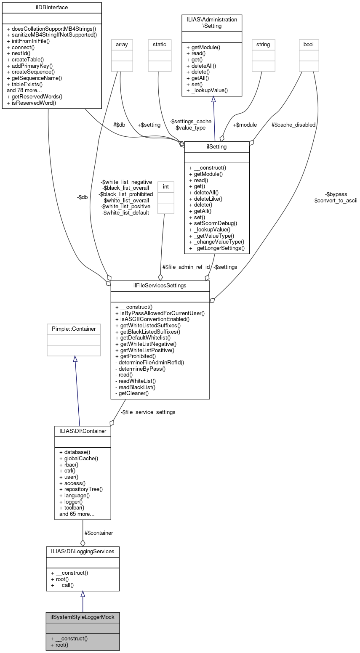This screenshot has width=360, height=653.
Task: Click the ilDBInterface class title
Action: [x=52, y=7]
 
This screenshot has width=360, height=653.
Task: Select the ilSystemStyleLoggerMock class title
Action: [x=83, y=617]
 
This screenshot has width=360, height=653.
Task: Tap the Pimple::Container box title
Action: [x=74, y=329]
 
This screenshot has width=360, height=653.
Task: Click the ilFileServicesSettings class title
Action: [x=160, y=286]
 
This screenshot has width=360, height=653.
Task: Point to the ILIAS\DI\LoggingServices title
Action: [x=83, y=551]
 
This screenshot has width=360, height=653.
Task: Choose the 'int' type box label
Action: [x=165, y=186]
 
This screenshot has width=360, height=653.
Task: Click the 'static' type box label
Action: [x=160, y=44]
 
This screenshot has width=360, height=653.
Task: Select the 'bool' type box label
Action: [x=309, y=44]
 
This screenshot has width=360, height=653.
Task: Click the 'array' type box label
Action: [x=122, y=44]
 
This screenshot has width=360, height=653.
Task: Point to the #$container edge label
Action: [x=99, y=533]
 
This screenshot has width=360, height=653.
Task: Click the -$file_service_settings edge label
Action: [x=148, y=412]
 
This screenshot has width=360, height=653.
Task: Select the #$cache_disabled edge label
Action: [x=293, y=125]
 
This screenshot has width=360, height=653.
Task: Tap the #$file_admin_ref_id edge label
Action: [x=186, y=267]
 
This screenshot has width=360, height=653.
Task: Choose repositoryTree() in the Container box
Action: [x=83, y=489]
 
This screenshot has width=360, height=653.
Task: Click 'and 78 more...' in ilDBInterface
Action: [x=27, y=90]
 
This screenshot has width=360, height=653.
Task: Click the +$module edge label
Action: [x=245, y=125]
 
